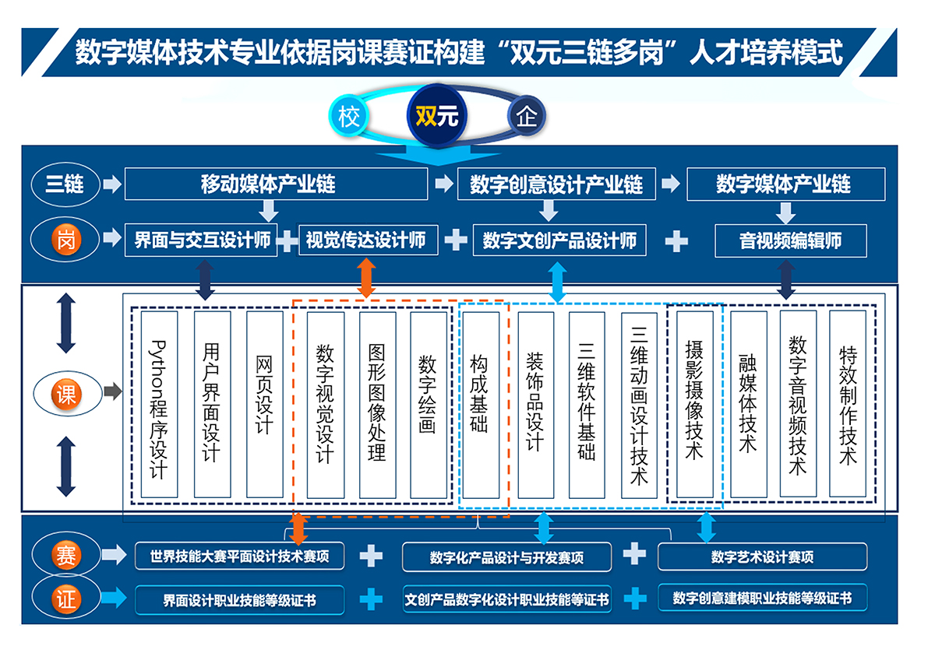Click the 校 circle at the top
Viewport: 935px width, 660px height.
click(x=348, y=117)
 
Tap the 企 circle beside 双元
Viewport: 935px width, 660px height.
click(x=527, y=117)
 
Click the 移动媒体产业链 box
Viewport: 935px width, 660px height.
click(x=276, y=184)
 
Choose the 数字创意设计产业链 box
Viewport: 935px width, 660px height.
click(x=556, y=184)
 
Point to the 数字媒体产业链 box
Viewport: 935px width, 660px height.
click(x=785, y=184)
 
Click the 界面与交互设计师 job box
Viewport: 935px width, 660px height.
click(x=202, y=240)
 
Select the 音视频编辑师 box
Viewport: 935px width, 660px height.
click(x=790, y=240)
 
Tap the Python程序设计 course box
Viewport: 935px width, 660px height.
click(x=159, y=405)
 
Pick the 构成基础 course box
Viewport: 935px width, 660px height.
click(x=479, y=405)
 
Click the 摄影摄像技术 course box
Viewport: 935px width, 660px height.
click(x=694, y=405)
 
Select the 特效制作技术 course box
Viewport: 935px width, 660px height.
click(x=847, y=405)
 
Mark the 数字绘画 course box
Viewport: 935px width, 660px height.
click(x=428, y=405)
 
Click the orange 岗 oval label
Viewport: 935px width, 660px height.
click(x=65, y=240)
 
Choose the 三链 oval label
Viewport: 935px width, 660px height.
click(x=65, y=184)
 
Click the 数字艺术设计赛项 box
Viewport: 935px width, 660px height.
click(x=762, y=556)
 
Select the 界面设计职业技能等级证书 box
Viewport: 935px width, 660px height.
click(x=239, y=600)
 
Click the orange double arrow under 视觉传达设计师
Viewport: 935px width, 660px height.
click(x=366, y=276)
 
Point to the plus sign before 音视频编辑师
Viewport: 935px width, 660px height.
click(x=676, y=240)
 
